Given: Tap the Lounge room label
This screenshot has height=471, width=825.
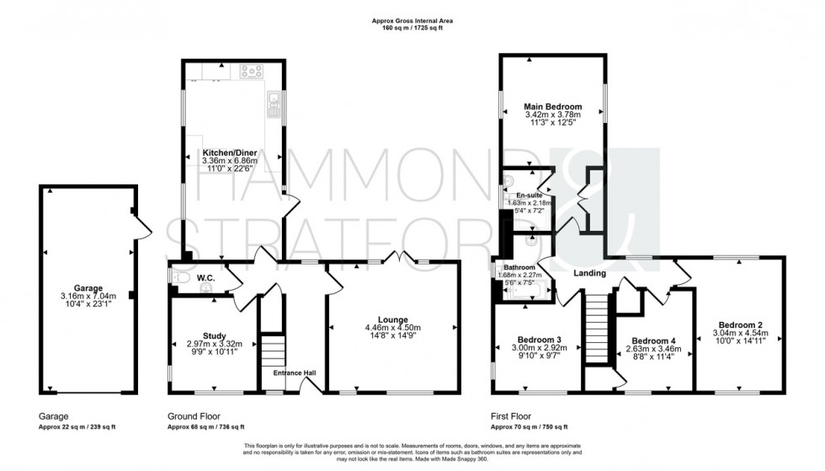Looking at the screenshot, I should [x=393, y=319].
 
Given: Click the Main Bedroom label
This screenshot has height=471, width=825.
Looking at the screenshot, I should [x=551, y=106].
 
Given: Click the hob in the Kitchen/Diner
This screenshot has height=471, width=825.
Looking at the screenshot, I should [x=252, y=72].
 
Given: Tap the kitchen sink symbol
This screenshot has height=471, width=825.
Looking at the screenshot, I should [x=273, y=105].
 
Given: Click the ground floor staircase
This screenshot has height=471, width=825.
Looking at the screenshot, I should [x=271, y=348].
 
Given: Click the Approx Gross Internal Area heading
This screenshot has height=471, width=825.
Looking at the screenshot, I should [x=412, y=22].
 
